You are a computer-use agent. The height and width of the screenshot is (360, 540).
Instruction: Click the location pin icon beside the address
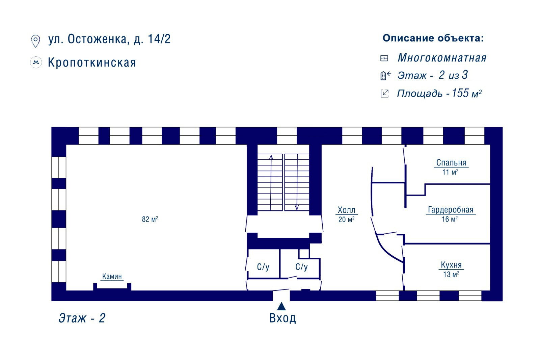(x=35, y=41)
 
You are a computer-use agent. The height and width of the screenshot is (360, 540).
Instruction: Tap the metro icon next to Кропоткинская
(x=36, y=62)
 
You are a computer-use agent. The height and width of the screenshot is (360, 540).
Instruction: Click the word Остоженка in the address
(x=97, y=39)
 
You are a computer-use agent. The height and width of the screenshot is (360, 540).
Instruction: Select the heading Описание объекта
(x=433, y=38)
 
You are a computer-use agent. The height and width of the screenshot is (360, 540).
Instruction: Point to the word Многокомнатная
(x=442, y=58)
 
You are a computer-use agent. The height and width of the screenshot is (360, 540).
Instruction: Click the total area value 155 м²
(x=466, y=93)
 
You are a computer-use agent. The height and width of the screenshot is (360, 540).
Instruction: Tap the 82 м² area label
(x=150, y=219)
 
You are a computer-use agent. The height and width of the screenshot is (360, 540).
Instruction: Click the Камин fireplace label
(x=112, y=276)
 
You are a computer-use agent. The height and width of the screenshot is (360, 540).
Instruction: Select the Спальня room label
(x=451, y=163)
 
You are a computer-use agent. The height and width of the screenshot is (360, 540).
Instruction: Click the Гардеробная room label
(x=451, y=210)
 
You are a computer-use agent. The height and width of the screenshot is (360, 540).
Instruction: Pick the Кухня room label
(x=451, y=265)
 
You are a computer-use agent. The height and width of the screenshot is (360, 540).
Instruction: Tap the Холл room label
(x=346, y=210)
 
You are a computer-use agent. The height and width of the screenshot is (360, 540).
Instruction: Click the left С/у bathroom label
(x=263, y=267)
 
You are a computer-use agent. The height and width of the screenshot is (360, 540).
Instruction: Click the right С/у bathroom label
(x=301, y=267)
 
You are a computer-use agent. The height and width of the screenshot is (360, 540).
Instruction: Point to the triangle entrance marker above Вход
(x=281, y=306)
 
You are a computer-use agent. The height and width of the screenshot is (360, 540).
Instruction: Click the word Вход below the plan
(x=282, y=318)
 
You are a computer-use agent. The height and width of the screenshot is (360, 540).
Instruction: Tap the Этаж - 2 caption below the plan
(x=82, y=318)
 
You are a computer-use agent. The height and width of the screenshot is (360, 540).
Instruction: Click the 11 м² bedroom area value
(x=450, y=172)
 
